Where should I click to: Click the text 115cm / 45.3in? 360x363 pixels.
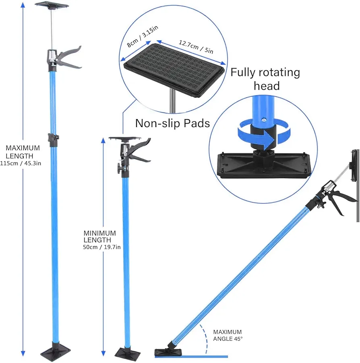coord(21,163)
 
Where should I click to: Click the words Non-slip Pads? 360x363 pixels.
coord(172,123)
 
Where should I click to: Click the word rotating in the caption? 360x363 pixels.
coord(278,73)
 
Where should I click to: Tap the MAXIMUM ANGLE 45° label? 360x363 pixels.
coord(228,335)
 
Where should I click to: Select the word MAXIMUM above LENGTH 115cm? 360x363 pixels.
coord(23,148)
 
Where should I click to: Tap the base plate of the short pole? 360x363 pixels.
coord(128,353)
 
